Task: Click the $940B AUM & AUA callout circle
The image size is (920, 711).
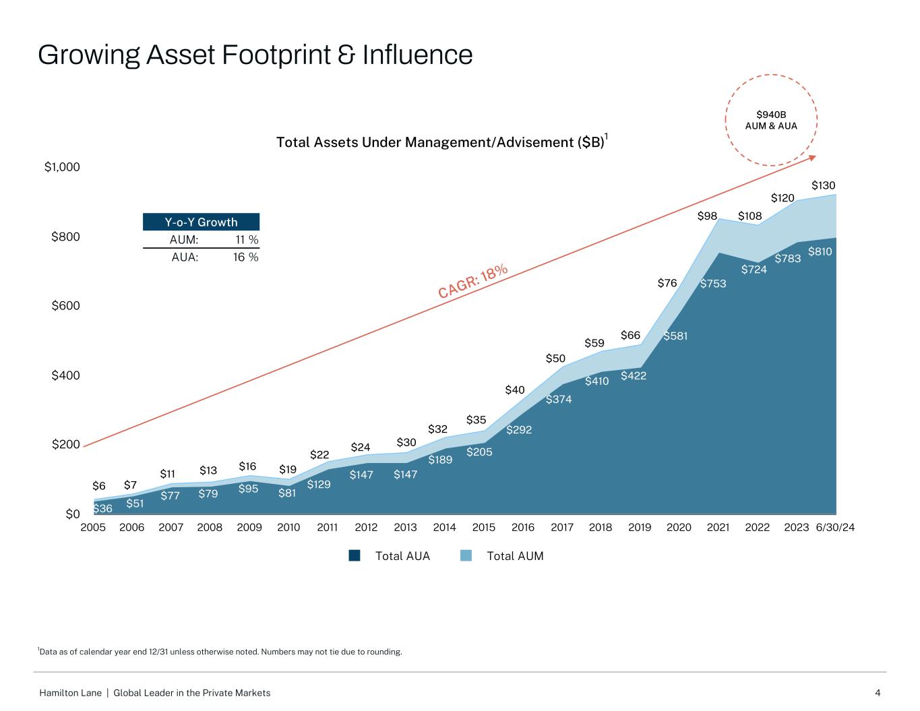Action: click(771, 121)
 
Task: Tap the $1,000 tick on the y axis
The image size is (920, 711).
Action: click(62, 167)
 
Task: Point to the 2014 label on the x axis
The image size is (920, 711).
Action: click(444, 528)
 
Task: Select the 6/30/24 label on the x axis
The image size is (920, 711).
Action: click(835, 528)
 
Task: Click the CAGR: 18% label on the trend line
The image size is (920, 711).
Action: click(472, 281)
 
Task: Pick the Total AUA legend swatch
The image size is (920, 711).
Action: click(355, 556)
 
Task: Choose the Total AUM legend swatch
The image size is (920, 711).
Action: click(466, 556)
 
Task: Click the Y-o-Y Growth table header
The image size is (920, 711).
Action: click(201, 222)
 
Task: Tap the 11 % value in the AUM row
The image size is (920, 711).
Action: click(246, 240)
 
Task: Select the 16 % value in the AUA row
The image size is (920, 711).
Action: click(246, 257)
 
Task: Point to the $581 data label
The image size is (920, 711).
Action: click(675, 336)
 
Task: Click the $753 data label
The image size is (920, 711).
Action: click(713, 284)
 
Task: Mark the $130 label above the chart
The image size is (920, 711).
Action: click(824, 185)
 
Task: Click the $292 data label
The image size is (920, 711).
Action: click(519, 429)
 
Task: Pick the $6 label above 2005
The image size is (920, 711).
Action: click(99, 486)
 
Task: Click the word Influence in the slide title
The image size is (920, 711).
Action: click(417, 55)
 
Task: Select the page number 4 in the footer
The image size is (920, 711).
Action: click(878, 693)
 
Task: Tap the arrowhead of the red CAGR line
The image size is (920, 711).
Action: click(812, 158)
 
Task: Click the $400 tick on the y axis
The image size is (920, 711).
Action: click(65, 375)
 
